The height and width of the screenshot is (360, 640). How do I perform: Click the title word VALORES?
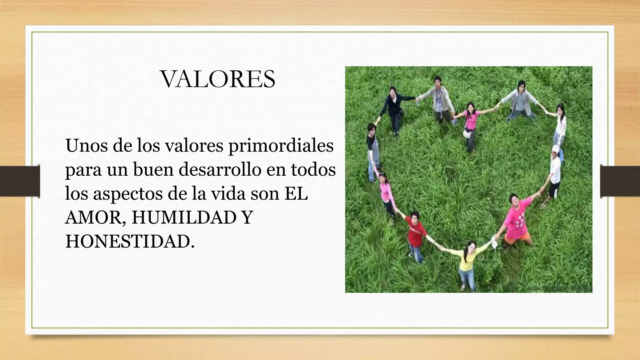coord(218,79)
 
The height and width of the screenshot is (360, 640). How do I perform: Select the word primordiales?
coord(281,146)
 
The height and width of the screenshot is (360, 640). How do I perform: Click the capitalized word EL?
coord(296,194)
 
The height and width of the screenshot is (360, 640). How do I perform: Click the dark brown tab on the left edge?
coord(20,181)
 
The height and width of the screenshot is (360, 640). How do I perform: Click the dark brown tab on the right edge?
coord(620,181)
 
